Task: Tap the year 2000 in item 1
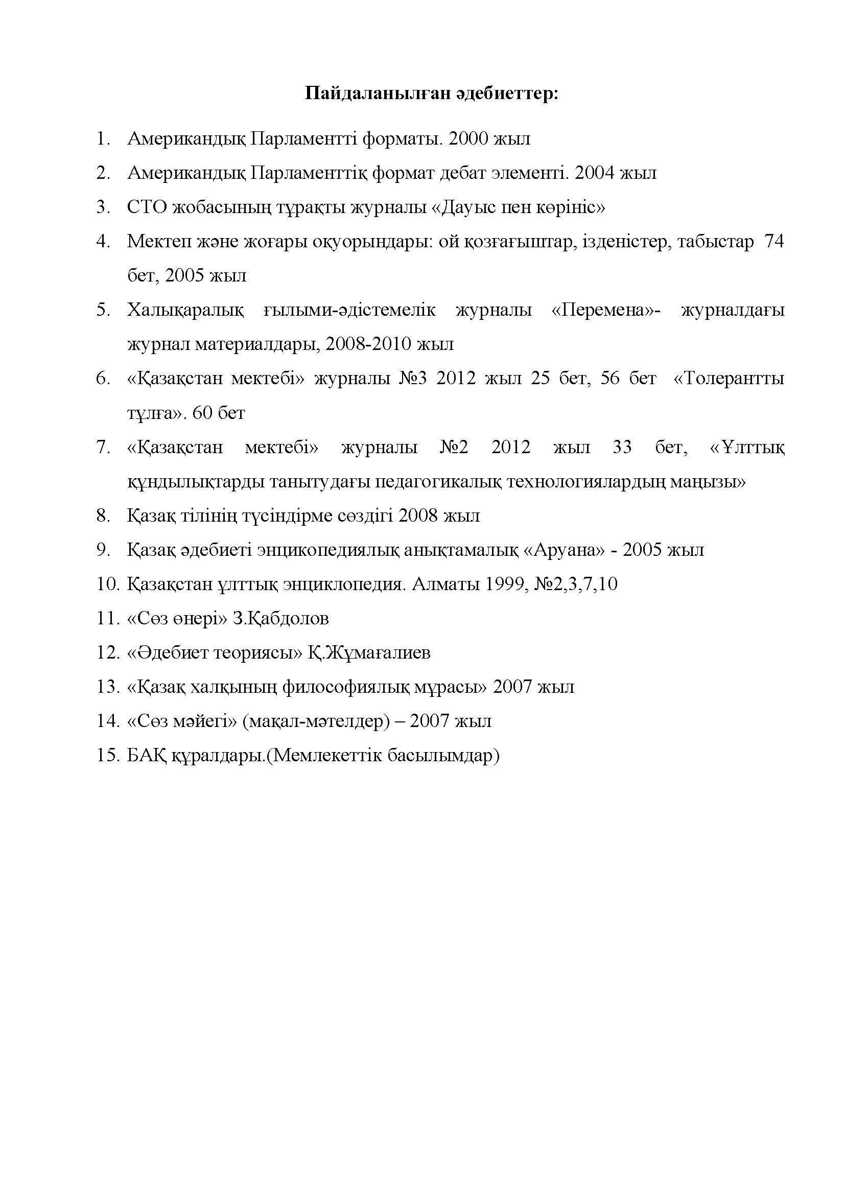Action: click(466, 139)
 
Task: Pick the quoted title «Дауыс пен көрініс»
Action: click(518, 207)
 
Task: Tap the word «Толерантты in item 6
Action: click(729, 379)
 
